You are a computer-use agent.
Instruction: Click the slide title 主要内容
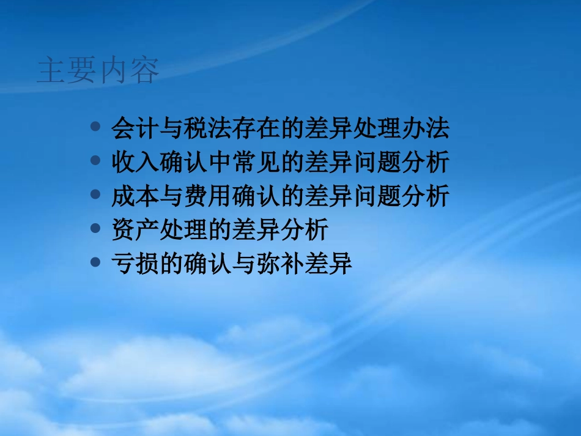pyautogui.click(x=98, y=71)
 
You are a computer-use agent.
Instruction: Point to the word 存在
pyautogui.click(x=256, y=129)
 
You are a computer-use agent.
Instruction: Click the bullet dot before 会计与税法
pyautogui.click(x=95, y=128)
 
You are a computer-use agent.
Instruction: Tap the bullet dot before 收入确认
pyautogui.click(x=95, y=161)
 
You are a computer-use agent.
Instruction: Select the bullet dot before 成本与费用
pyautogui.click(x=95, y=195)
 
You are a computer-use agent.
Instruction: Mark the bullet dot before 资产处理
pyautogui.click(x=95, y=229)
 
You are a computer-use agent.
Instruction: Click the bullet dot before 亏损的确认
pyautogui.click(x=95, y=263)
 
